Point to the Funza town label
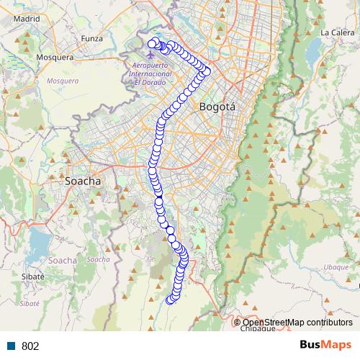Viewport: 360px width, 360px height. (x=92, y=38)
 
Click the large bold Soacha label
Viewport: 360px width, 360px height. (x=83, y=181)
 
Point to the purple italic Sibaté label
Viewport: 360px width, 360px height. (x=29, y=304)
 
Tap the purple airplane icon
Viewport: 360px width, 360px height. (x=150, y=53)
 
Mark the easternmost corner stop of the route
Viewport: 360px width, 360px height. (x=207, y=71)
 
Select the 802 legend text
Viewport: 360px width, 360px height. (x=30, y=346)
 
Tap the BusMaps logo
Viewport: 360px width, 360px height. (x=325, y=345)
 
